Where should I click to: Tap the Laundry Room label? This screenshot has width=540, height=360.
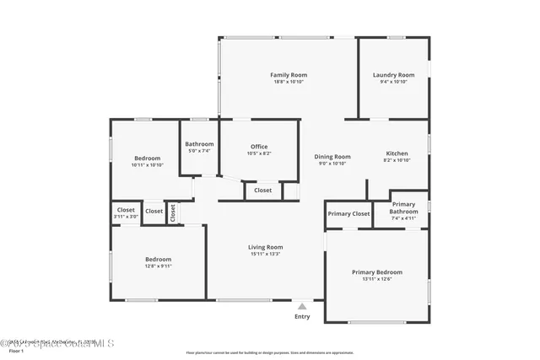[393, 75]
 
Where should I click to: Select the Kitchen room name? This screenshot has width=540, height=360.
[397, 153]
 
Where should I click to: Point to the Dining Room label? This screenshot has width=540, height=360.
[332, 157]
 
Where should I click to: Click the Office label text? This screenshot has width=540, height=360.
[258, 147]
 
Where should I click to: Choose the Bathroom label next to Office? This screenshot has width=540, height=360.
[199, 144]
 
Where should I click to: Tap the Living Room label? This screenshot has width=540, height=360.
[265, 247]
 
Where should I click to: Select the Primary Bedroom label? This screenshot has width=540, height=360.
[376, 272]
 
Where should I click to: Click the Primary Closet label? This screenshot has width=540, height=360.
[348, 214]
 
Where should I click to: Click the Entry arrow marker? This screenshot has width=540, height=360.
[302, 305]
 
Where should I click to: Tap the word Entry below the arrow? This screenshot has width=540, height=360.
[302, 317]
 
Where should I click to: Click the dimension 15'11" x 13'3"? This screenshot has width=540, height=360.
[265, 254]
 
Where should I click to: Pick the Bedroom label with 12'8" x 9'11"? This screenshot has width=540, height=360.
[158, 259]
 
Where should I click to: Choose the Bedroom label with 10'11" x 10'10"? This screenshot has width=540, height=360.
[147, 159]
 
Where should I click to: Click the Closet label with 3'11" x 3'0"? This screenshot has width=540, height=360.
[126, 209]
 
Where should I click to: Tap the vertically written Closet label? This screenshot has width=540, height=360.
[172, 213]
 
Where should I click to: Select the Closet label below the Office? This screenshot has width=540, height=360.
[262, 191]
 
